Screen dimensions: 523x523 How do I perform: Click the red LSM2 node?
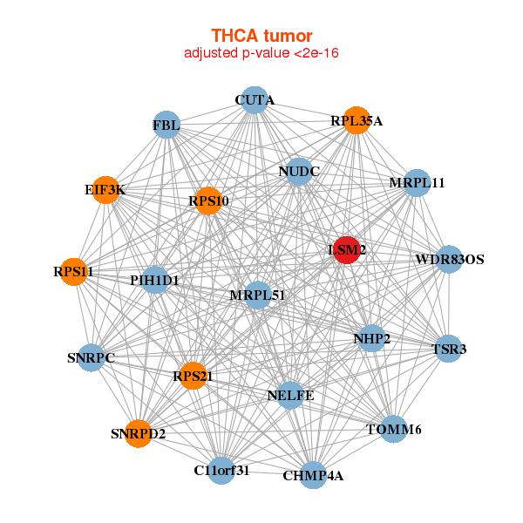(347, 249)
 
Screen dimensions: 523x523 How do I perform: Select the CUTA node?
(254, 100)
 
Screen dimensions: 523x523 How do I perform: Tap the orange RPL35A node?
(357, 120)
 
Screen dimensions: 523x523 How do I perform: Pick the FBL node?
(166, 126)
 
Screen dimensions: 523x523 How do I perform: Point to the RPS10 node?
(208, 200)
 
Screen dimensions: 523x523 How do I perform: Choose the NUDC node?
(293, 172)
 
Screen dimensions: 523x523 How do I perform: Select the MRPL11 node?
(418, 183)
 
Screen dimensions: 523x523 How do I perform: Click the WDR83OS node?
(449, 259)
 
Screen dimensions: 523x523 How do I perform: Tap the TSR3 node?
(448, 349)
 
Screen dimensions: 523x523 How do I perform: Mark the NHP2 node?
(371, 337)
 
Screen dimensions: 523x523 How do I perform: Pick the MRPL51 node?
(258, 295)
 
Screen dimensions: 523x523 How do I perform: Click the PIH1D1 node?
(155, 280)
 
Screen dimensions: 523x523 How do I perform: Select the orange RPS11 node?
(74, 271)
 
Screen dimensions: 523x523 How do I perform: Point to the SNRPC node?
(92, 357)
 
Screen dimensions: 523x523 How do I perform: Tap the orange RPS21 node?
(193, 376)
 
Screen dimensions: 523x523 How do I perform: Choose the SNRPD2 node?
(138, 432)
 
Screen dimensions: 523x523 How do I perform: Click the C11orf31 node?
(221, 470)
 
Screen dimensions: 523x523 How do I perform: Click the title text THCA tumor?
(261, 36)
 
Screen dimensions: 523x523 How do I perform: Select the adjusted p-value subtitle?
(261, 53)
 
